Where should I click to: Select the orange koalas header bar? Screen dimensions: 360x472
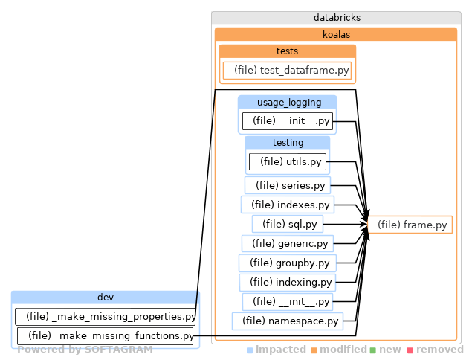pos(336,34)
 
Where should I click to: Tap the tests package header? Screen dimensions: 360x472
pos(287,51)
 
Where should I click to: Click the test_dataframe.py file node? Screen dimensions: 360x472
pos(287,71)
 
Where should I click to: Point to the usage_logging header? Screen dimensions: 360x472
pos(287,102)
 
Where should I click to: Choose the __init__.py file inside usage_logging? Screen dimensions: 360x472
pos(287,120)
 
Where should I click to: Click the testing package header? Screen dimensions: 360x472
pos(287,142)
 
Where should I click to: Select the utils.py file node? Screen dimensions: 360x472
pos(287,161)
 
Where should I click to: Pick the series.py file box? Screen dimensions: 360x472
pos(287,185)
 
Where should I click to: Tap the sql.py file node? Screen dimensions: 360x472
pos(287,224)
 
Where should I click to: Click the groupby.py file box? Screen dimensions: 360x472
pos(287,263)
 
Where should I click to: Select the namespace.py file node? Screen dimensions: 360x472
pos(287,321)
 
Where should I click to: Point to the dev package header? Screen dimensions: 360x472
pos(106,298)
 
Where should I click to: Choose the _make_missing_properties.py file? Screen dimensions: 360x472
pos(106,317)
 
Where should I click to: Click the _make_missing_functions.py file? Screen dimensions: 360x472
pos(106,336)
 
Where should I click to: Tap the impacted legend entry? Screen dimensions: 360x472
pos(277,350)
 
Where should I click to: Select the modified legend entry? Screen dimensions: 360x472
pos(339,350)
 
